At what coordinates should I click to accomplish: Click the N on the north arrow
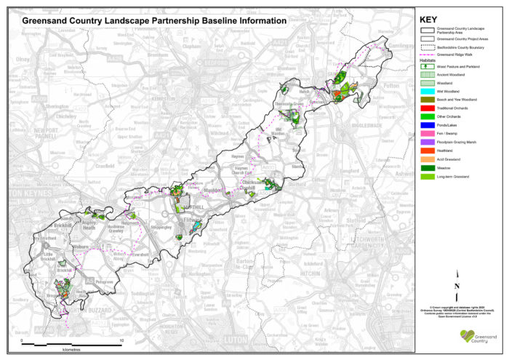tap(456, 287)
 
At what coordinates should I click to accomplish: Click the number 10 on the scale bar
tap(121, 340)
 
